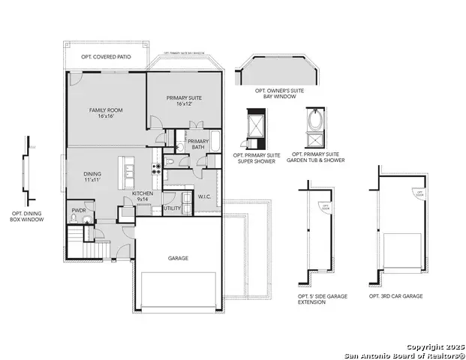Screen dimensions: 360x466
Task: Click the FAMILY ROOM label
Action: coord(106,113)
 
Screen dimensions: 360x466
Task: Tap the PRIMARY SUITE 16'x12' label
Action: coord(183,100)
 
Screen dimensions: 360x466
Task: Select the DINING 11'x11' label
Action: coord(92,178)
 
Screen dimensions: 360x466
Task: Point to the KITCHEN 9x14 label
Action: coord(143,196)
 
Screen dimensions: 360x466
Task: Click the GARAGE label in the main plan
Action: coord(178,258)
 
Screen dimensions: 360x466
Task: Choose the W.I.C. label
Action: coord(204,197)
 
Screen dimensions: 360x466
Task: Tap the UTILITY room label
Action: coord(172,208)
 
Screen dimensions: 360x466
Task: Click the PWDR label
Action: coord(79,211)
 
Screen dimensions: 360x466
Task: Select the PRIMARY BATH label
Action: coord(198,144)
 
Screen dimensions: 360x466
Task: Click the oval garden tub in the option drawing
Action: coord(315,120)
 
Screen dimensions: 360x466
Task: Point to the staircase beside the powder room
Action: coord(77,241)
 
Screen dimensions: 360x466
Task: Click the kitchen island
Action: coord(130,174)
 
